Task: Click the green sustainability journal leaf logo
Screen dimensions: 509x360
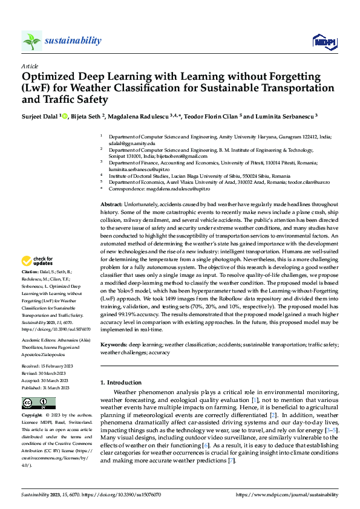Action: click(31, 41)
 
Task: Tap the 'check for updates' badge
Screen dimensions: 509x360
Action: click(37, 261)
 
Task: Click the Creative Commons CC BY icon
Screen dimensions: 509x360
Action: click(38, 403)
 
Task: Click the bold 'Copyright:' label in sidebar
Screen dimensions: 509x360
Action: click(33, 415)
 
